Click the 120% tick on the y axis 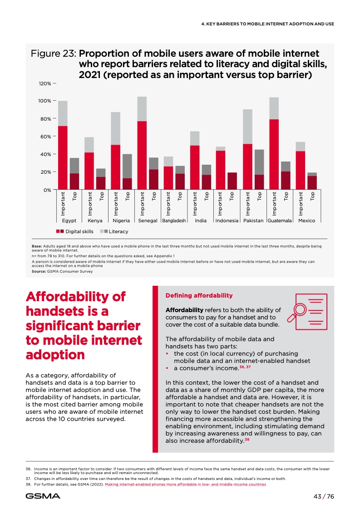(44, 84)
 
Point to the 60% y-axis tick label (44, 137)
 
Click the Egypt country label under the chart (69, 221)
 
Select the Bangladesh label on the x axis (174, 221)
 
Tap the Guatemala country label (280, 221)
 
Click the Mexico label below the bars (306, 221)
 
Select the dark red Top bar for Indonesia (232, 181)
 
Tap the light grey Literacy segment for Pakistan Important (247, 127)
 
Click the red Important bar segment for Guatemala (274, 154)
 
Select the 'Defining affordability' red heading (199, 296)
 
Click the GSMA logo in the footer (43, 496)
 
